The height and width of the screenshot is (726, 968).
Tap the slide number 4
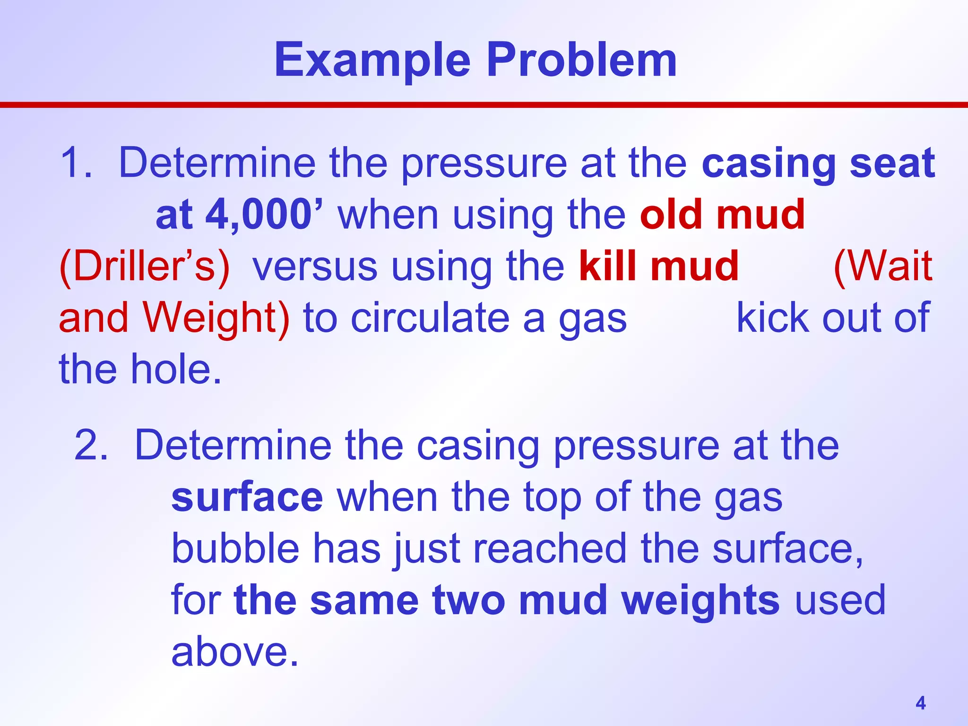[920, 703]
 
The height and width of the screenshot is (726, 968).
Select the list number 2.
[91, 445]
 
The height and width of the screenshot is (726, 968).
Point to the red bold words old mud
[722, 215]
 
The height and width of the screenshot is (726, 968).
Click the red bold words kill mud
[659, 266]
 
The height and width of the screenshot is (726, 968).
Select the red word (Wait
[883, 266]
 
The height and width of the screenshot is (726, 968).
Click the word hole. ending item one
[176, 369]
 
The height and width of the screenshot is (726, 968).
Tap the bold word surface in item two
[247, 497]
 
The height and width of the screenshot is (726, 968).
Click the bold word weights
[700, 600]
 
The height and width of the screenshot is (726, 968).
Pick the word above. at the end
[235, 652]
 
